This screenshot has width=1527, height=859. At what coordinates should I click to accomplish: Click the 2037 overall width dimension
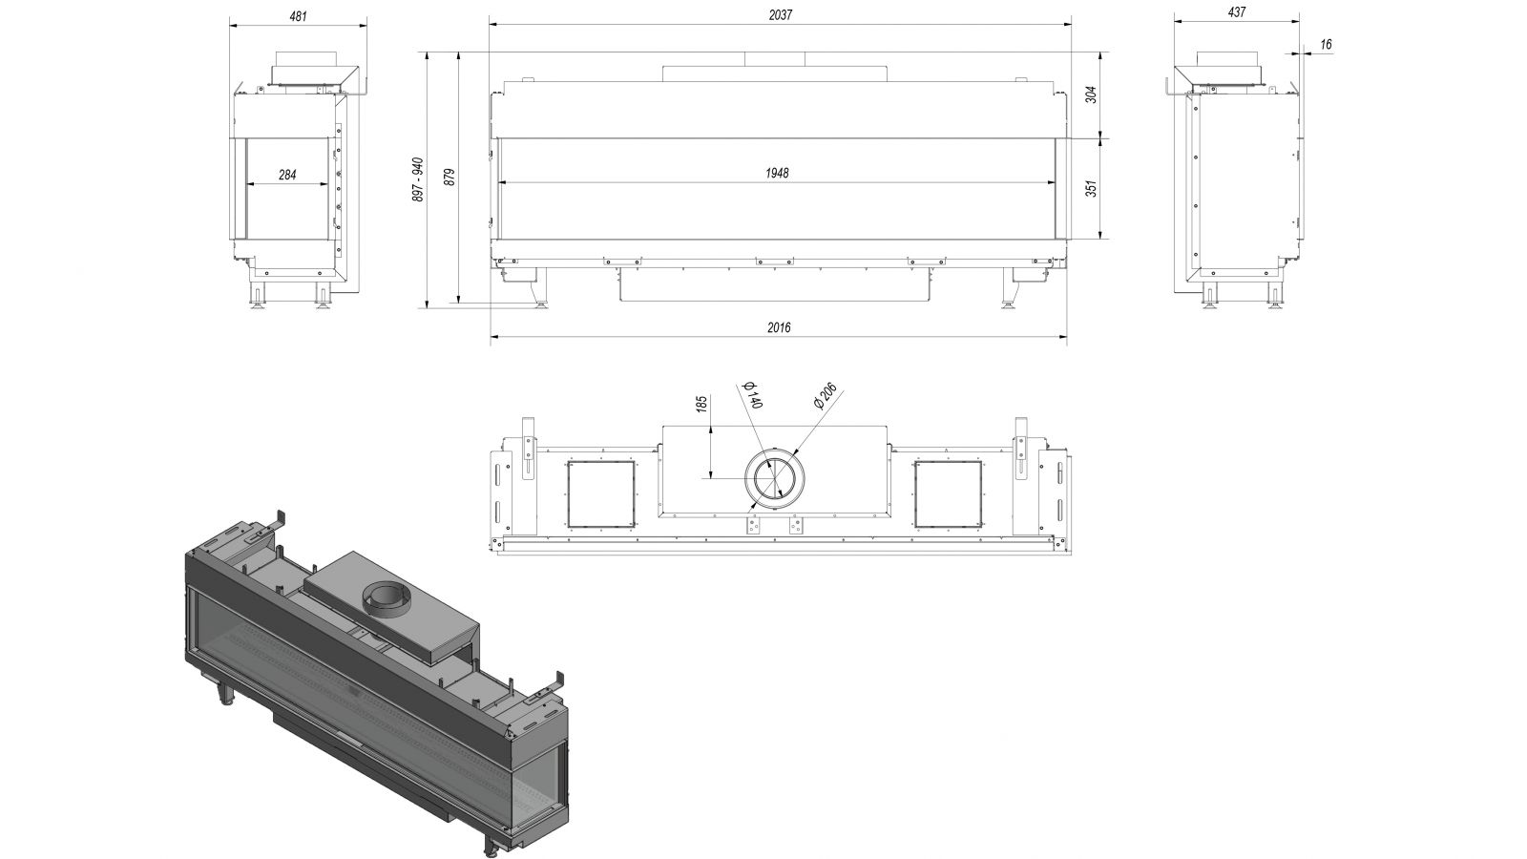(780, 15)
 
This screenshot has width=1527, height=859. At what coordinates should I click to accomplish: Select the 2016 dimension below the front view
(779, 328)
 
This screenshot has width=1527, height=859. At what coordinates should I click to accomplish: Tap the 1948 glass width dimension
(777, 173)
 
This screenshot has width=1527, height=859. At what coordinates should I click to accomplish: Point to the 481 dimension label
(298, 15)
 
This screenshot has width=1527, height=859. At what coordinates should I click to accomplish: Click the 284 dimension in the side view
(287, 176)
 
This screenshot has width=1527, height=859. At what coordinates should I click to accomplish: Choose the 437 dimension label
(1236, 12)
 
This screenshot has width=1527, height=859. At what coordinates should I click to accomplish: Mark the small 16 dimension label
(1326, 45)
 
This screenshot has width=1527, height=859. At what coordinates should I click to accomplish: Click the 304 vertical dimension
(1092, 94)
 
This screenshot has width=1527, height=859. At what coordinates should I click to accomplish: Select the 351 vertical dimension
(1092, 188)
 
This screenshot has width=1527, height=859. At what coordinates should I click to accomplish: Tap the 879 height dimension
(449, 178)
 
